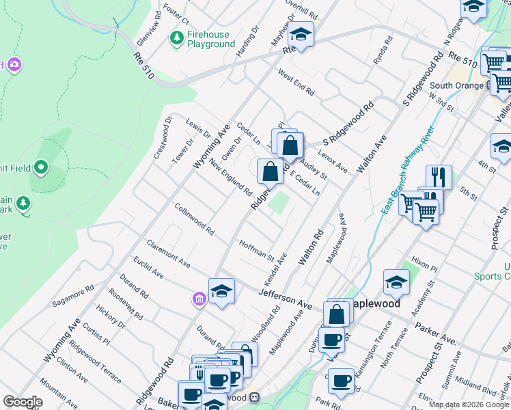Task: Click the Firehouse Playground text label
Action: [x=211, y=40]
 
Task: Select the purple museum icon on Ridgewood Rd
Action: [x=199, y=299]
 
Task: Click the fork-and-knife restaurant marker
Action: [x=439, y=176]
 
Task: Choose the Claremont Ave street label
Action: [x=168, y=251]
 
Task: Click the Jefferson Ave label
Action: [x=285, y=297]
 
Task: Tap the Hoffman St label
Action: [x=256, y=251]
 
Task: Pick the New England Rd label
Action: [x=231, y=176]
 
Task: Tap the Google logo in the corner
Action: [x=23, y=402]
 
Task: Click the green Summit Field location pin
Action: [x=41, y=166]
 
